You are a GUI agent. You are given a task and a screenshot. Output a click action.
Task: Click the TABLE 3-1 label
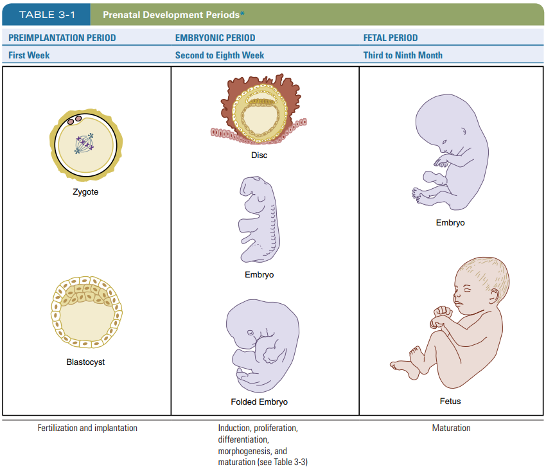[45, 14]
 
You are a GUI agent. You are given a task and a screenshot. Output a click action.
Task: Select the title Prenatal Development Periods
[172, 14]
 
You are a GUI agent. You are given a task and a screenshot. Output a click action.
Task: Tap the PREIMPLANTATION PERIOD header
[62, 38]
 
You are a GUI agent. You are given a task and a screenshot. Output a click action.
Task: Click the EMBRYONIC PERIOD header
[215, 38]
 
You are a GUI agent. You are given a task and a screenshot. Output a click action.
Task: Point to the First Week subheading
[29, 55]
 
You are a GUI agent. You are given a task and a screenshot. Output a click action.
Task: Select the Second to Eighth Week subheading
[220, 55]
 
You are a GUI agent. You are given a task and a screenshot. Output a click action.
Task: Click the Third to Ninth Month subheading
[403, 55]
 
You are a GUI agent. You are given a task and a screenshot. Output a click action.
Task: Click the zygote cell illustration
[85, 145]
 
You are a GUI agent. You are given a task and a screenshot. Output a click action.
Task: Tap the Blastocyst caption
[85, 362]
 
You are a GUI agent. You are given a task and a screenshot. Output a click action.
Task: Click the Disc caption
[260, 155]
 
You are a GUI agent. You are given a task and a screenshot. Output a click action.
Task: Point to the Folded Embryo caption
[259, 402]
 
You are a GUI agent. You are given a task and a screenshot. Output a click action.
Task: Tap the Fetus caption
[450, 401]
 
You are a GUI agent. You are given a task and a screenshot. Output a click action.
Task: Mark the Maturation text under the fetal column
[451, 428]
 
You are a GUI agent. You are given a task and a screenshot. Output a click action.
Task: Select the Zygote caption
[85, 192]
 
